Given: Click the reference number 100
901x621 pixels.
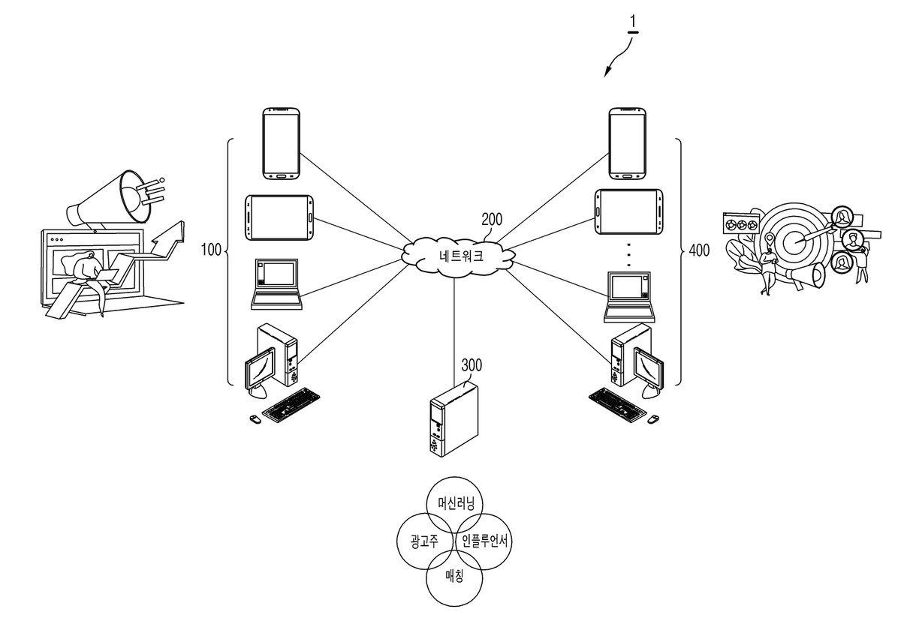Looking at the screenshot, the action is pos(211,250).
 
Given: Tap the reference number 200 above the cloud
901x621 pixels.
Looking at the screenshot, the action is pos(492,220).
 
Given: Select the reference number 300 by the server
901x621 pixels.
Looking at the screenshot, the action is pos(472,365).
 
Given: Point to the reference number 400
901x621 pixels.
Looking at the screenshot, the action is pos(699,250).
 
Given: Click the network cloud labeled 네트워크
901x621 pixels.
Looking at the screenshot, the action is pos(459,256).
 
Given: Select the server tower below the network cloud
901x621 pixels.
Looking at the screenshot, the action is pos(454,419).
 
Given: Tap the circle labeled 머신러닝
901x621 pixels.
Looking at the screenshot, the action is pos(454,505).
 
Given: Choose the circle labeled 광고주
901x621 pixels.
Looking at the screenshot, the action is pos(426,541).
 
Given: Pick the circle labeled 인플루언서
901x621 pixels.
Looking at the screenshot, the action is pos(484,541).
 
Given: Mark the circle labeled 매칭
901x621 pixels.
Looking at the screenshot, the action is pos(454,577).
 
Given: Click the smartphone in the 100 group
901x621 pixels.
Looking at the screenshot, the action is pos(281,143).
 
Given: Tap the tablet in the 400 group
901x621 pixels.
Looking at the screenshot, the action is pos(628,211).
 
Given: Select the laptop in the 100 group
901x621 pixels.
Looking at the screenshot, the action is pos(276,284).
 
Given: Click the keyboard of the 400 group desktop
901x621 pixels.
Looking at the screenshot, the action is pos(617,404).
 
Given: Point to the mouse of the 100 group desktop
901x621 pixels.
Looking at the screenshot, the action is pos(255,419).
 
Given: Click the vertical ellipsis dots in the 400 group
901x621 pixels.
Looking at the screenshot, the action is pos(628,255).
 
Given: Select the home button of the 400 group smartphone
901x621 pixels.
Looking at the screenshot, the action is pos(628,175).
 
